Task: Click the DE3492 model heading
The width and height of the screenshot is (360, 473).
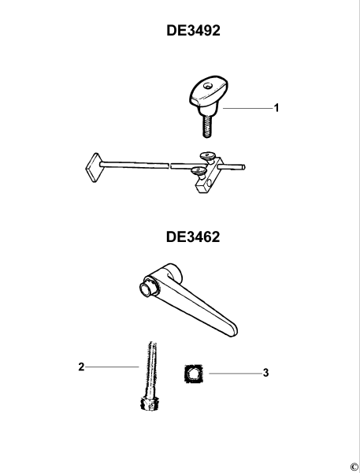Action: pos(193,33)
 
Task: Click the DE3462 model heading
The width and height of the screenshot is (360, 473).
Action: pos(193,236)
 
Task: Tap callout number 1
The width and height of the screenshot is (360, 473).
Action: pos(276,108)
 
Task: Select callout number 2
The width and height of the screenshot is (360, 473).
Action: pos(82,366)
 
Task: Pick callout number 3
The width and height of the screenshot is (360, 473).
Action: pos(266,371)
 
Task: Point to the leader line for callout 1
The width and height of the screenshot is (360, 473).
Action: pos(246,108)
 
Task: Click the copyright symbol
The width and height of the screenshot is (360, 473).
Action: pos(354,466)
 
